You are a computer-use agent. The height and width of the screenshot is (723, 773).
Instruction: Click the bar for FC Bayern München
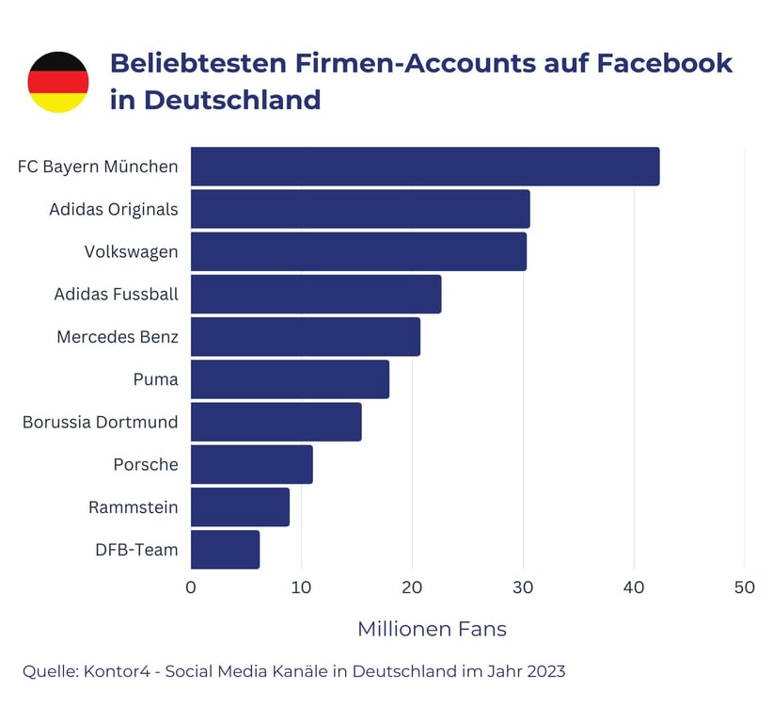(425, 167)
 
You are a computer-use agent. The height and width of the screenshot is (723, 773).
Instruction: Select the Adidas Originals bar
(360, 209)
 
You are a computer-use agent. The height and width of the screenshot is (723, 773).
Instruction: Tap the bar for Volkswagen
(358, 251)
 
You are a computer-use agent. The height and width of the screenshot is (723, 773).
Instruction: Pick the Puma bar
(290, 379)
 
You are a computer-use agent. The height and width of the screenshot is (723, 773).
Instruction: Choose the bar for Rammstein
(240, 507)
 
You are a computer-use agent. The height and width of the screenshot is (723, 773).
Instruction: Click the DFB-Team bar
(225, 550)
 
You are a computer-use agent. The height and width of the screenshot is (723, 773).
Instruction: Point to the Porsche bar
(251, 465)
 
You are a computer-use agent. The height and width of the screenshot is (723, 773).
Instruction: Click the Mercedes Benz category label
(117, 337)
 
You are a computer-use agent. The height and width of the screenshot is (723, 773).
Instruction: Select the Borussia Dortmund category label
(100, 422)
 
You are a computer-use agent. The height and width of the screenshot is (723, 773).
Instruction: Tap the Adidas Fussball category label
(116, 295)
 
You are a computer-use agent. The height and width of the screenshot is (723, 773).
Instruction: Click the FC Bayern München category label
(98, 167)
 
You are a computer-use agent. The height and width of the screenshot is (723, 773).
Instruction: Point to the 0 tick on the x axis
(191, 587)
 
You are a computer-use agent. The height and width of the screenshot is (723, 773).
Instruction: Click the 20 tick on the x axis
(412, 587)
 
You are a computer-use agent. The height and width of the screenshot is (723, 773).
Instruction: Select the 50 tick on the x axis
(744, 587)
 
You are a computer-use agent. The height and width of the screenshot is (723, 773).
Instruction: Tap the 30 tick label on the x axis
(523, 587)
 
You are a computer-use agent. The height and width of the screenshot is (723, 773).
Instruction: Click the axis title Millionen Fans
(432, 629)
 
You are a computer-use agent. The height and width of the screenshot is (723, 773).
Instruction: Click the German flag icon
(58, 82)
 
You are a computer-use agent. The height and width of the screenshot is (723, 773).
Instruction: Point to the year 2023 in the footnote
(544, 671)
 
